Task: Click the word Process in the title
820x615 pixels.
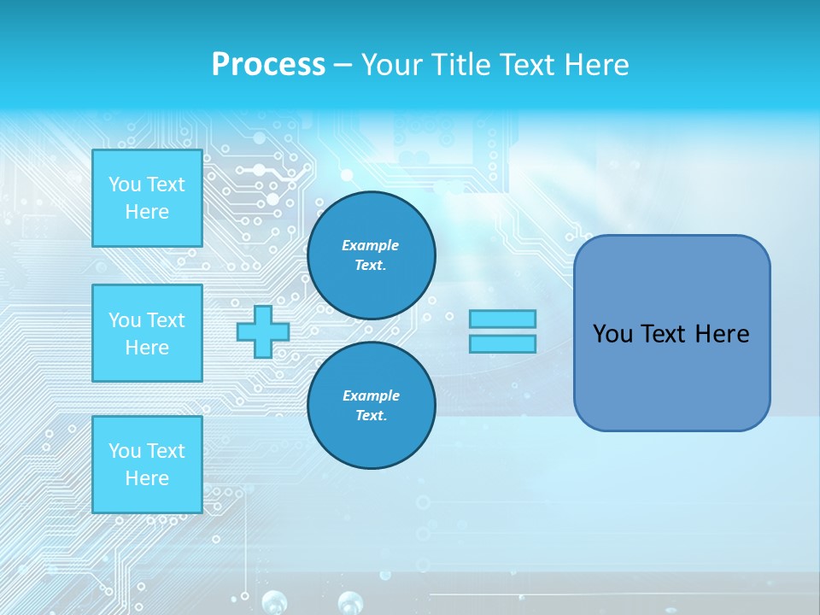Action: coord(268,64)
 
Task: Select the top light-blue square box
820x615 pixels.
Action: coord(147,198)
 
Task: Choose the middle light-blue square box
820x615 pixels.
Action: coord(147,333)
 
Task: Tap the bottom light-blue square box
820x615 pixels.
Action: coord(147,465)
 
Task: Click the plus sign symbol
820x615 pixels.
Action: coord(263,331)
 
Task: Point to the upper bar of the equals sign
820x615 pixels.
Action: coord(502,319)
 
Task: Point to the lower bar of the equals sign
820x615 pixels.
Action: coord(502,343)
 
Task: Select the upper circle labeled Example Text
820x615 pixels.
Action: coord(371,255)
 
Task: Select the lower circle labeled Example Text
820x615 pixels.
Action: coord(371,406)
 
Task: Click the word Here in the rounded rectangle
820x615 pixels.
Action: coord(722,334)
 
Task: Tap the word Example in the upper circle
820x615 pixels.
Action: coord(371,245)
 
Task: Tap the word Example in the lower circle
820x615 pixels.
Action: coord(371,395)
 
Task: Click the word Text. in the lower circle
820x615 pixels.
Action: coord(371,416)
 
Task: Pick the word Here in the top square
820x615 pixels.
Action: coord(147,212)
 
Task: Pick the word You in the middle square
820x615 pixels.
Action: coord(125,320)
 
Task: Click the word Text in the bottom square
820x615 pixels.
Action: coord(167,451)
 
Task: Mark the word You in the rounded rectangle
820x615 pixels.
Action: coord(612,334)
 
